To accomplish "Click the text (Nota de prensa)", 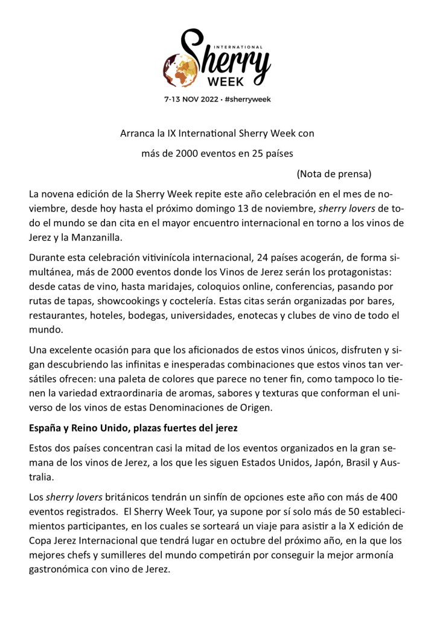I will [334, 174].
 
